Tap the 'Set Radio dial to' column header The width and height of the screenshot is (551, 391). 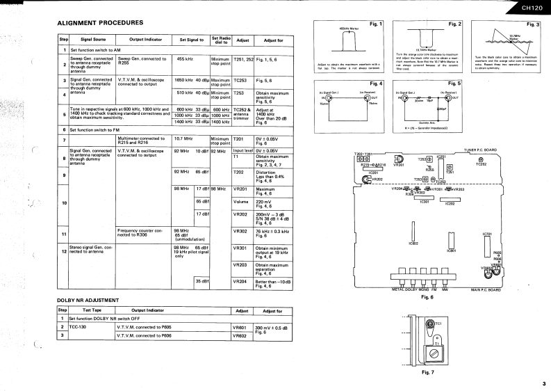pos(221,40)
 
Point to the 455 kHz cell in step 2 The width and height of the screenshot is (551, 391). pos(185,59)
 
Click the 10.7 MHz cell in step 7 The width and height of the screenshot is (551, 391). pos(184,138)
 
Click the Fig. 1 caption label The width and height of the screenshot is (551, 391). pos(376,24)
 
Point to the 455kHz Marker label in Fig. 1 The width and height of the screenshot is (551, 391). pos(347,29)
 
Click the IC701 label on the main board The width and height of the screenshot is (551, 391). pos(487,234)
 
